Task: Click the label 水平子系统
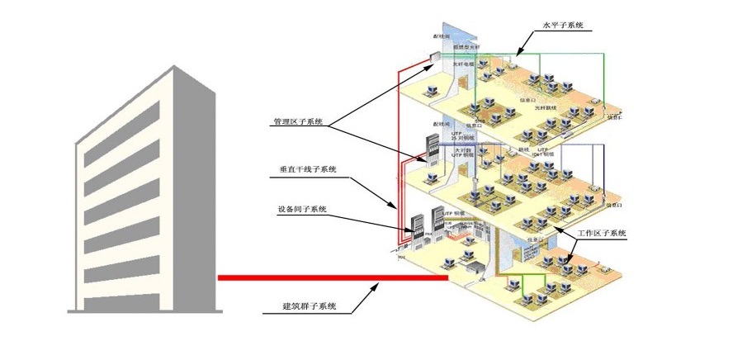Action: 562,26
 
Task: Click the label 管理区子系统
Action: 298,122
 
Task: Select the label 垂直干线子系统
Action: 310,170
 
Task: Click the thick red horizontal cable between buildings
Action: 330,278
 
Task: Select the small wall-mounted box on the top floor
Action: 434,56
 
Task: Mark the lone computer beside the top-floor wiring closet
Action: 431,84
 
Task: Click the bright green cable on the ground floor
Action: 528,277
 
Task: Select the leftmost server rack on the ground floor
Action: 417,224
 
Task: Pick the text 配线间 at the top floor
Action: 442,37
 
